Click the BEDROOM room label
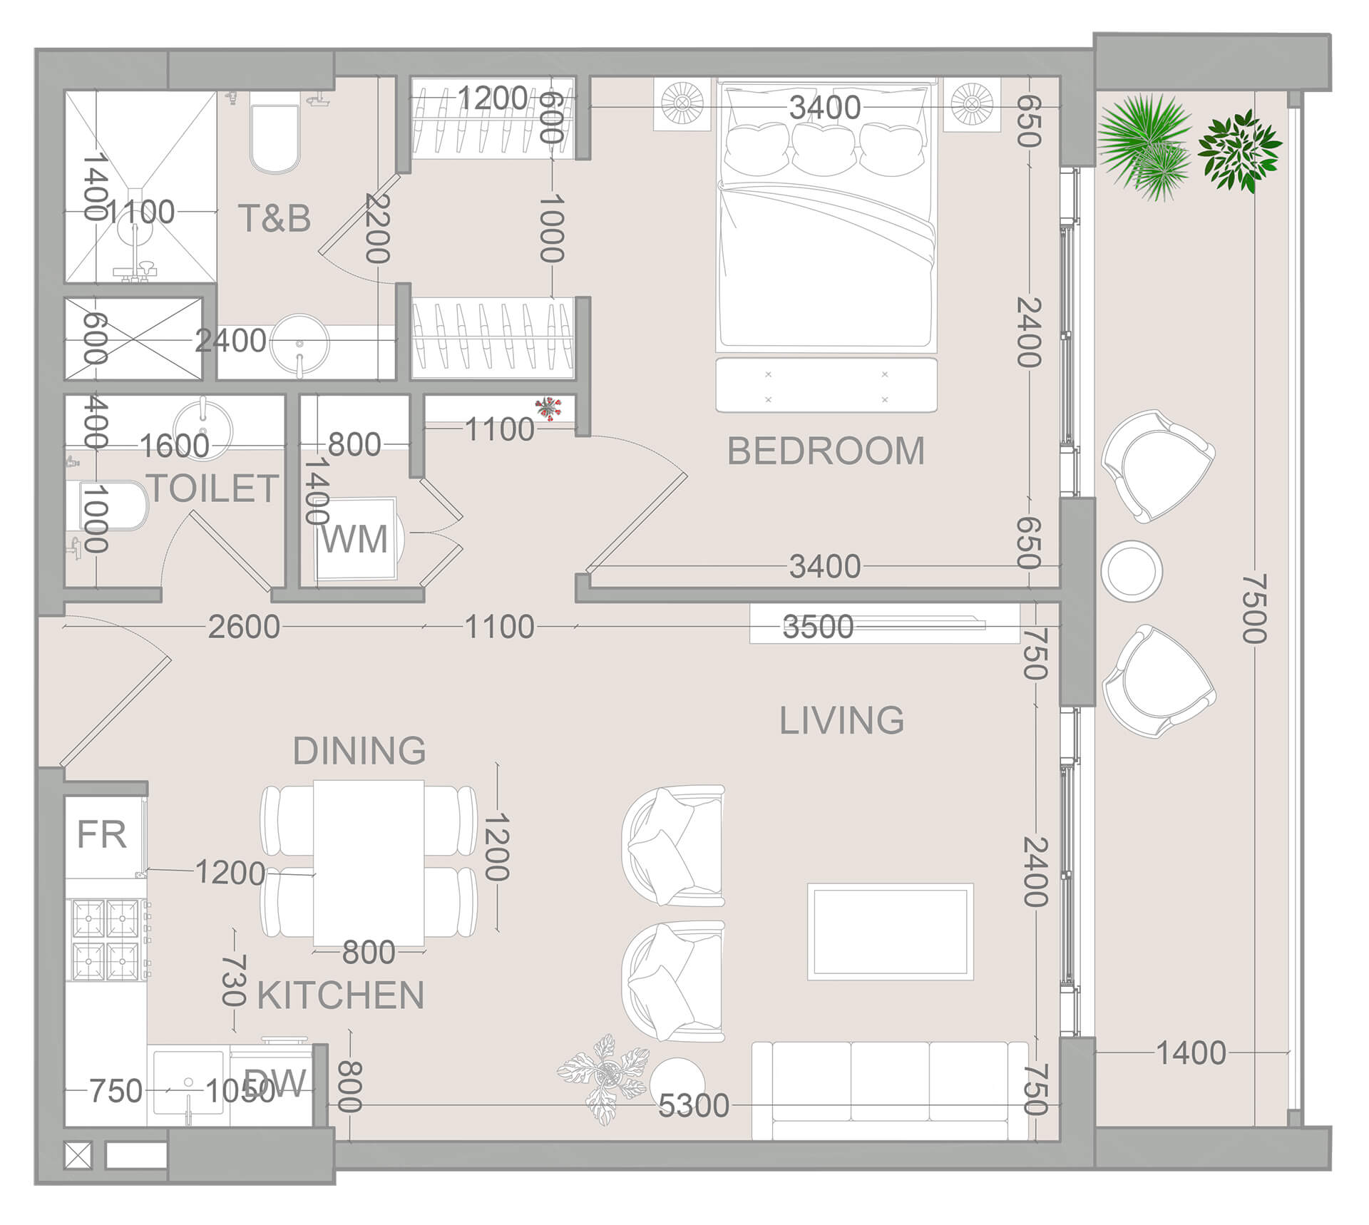point(826,451)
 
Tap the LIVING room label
point(841,720)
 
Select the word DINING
point(359,751)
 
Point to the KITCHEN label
point(340,995)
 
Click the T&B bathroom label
point(275,218)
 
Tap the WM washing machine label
point(354,539)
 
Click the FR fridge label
point(101,834)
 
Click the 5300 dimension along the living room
point(693,1106)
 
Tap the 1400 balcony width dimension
point(1191,1053)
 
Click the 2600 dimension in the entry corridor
point(243,627)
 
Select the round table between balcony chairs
point(1132,570)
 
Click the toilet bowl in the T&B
point(275,139)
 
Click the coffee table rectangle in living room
point(890,932)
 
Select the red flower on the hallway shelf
point(548,408)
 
